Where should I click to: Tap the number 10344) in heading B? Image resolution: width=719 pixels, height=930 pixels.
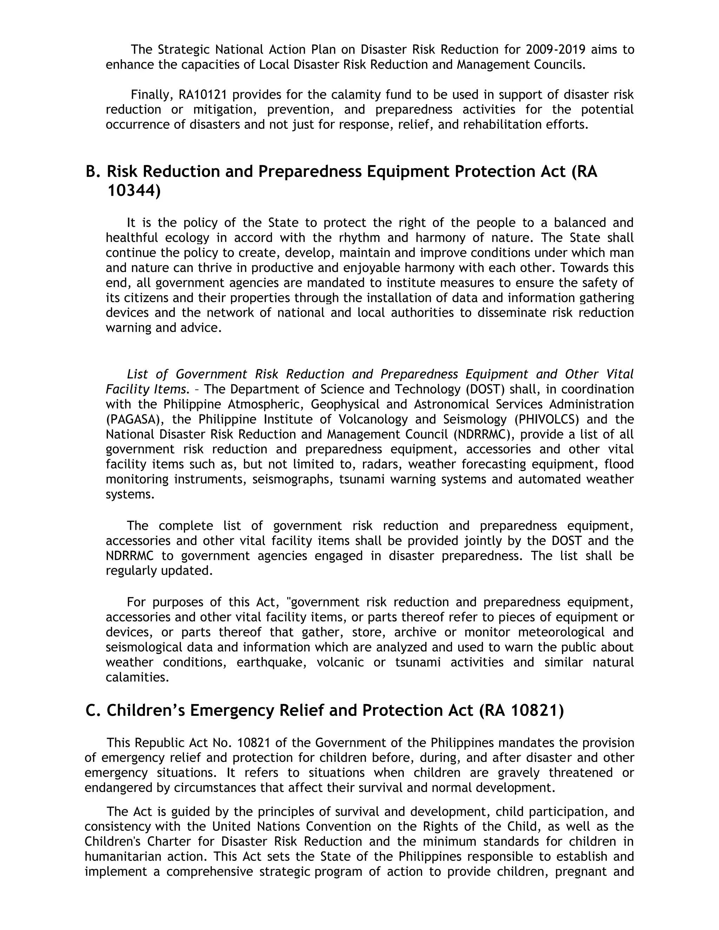(134, 191)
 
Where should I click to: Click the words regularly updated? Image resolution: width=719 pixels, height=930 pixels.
(159, 571)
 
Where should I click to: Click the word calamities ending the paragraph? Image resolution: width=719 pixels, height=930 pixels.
(137, 677)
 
